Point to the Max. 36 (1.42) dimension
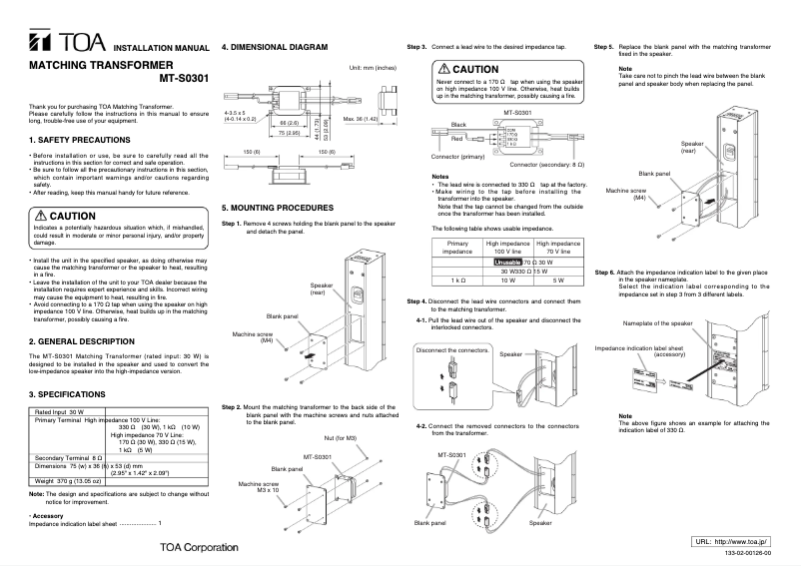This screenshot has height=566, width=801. [x=361, y=119]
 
